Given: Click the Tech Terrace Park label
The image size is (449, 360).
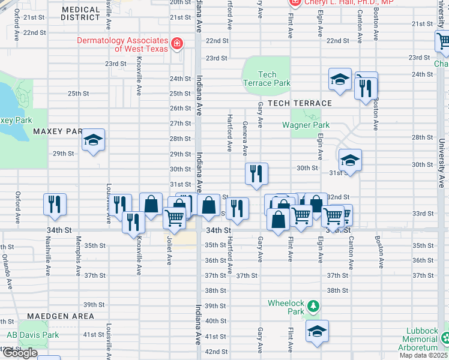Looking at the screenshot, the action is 267,79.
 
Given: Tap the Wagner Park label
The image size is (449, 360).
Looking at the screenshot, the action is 306,125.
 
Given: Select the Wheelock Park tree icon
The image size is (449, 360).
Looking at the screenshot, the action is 313,307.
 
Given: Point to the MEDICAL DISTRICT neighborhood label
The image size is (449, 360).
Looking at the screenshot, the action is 80,14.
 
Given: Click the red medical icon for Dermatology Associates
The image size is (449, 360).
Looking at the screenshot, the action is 178,44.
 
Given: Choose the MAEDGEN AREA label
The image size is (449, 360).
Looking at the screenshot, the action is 60,316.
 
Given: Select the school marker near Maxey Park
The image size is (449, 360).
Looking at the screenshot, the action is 94,140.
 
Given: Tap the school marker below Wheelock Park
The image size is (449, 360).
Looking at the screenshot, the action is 317,331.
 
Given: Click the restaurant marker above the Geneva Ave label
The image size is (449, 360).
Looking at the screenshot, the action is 256,173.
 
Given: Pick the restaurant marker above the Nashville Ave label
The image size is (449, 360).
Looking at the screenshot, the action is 54,204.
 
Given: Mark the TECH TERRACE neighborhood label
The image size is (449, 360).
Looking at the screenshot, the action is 300,103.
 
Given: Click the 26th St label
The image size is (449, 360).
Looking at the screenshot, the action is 180,108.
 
